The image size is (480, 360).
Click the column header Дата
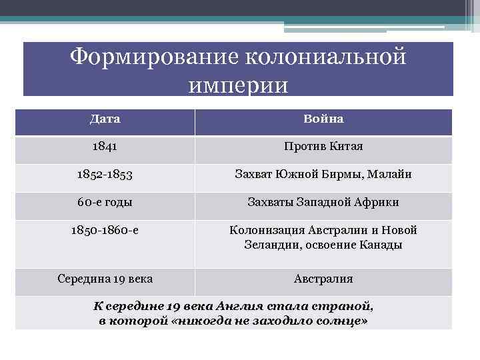point(105,119)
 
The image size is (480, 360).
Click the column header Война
point(323,119)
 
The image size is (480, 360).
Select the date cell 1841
point(105,146)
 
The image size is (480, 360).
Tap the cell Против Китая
point(323,146)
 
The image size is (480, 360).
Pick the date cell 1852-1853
point(105,175)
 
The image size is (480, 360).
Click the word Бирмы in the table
point(343,175)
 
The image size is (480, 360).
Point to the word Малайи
point(390,175)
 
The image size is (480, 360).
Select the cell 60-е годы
point(105,202)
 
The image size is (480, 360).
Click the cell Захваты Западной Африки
point(323,202)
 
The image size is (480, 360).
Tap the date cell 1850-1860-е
point(105,230)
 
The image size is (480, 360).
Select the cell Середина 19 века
point(105,279)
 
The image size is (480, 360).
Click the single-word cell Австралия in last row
point(323,279)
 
